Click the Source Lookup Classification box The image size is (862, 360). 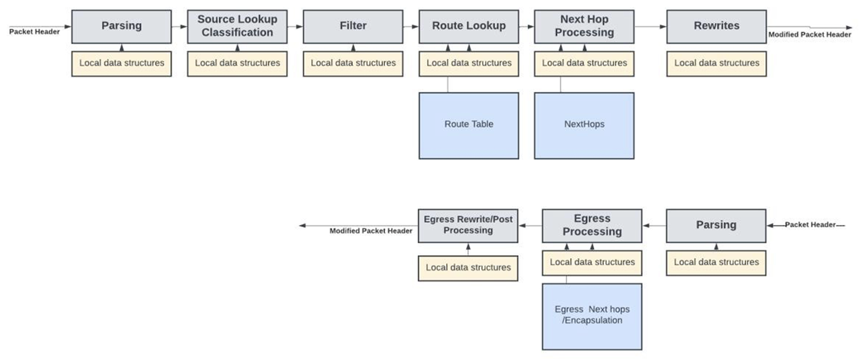coord(236,27)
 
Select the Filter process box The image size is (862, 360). coord(353,27)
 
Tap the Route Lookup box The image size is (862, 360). coord(468,27)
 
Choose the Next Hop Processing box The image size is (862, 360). coord(584,27)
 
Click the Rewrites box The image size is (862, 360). coord(716,27)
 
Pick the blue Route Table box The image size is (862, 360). coord(468,125)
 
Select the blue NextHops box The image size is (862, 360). coord(584,125)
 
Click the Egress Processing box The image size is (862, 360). coord(592,226)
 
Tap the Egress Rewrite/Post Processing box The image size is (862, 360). coord(468,226)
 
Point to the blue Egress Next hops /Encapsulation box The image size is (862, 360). coord(592,315)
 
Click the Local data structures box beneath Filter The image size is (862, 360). coord(353,63)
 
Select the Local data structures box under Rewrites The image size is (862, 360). coord(716,63)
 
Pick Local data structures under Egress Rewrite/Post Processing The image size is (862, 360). coord(468,267)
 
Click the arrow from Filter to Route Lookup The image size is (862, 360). coord(411,27)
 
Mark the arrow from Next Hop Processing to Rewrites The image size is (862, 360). coord(650,27)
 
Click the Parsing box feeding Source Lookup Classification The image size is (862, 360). coord(121,27)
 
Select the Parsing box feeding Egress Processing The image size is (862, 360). coord(716,226)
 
